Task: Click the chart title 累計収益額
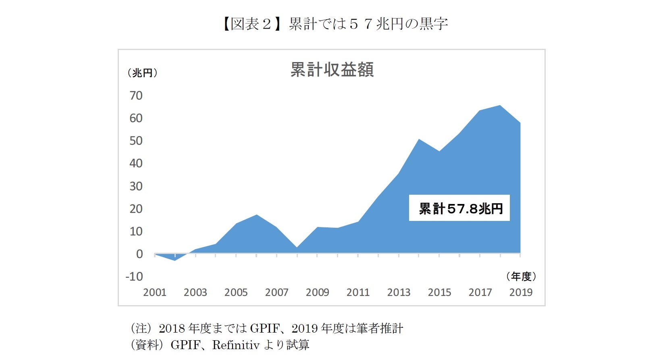[332, 70]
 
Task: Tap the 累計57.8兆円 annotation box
[459, 208]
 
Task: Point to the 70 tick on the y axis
[136, 96]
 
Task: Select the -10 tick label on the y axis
[134, 277]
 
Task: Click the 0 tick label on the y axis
[139, 254]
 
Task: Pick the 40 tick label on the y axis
[136, 163]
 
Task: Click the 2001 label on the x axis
[155, 292]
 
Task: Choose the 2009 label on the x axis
[317, 292]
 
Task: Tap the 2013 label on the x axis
[399, 292]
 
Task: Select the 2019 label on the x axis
[520, 292]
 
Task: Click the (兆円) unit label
[142, 73]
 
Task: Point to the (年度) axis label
[521, 277]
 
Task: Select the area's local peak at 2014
[419, 139]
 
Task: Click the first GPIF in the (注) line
[264, 329]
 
